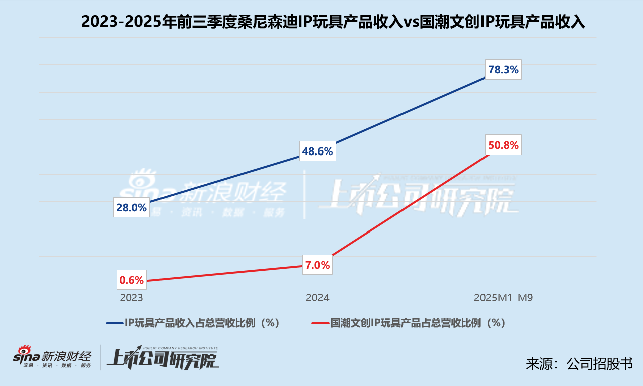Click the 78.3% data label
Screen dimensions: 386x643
[x=503, y=70]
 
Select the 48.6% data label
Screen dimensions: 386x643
[x=317, y=151]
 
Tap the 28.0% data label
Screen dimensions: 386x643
[x=131, y=207]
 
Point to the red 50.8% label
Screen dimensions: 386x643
[x=503, y=146]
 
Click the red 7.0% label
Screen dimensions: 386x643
[x=317, y=265]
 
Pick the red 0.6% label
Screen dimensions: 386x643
[x=131, y=280]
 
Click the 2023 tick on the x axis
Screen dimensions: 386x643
[x=131, y=298]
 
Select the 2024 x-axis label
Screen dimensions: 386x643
[x=317, y=298]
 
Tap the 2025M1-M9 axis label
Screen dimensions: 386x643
[x=503, y=298]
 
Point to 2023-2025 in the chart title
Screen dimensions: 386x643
[x=121, y=22]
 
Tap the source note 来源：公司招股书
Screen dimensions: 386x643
[x=579, y=364]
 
